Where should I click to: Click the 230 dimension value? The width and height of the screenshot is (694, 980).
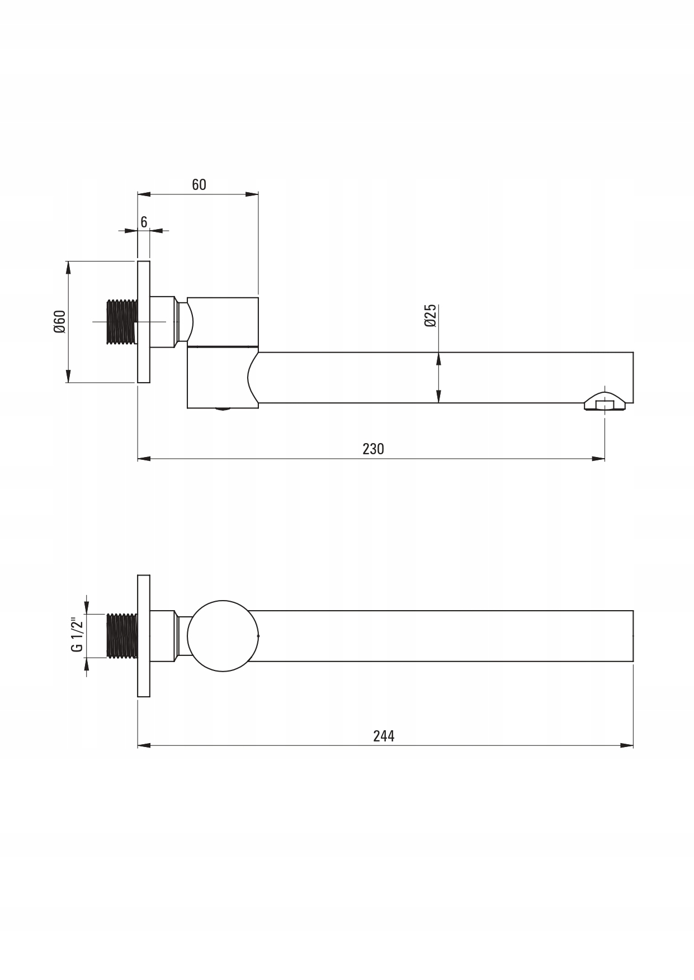coord(373,449)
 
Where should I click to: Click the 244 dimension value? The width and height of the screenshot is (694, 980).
coord(384,736)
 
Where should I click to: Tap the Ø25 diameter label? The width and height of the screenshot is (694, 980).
coord(429,316)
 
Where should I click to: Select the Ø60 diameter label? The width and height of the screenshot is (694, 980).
coord(60,321)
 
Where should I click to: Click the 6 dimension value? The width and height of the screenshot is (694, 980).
coord(144,222)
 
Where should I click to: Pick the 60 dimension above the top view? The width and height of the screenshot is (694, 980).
coord(199,184)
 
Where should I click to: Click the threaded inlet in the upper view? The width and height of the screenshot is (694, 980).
coord(121,321)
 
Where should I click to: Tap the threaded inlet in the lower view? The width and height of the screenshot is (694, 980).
coord(121,635)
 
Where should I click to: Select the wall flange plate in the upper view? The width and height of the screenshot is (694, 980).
coord(144,322)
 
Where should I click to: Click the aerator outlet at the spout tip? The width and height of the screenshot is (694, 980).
coord(605,403)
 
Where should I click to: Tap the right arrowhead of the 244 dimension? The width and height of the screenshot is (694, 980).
coord(627,745)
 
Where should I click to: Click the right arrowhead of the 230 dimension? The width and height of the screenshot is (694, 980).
coord(599,459)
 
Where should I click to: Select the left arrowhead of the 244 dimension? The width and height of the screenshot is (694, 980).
coord(144,745)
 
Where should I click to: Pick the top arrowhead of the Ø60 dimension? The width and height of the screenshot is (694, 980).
coord(68,267)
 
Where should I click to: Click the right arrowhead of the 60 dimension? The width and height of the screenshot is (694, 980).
coord(252,194)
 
